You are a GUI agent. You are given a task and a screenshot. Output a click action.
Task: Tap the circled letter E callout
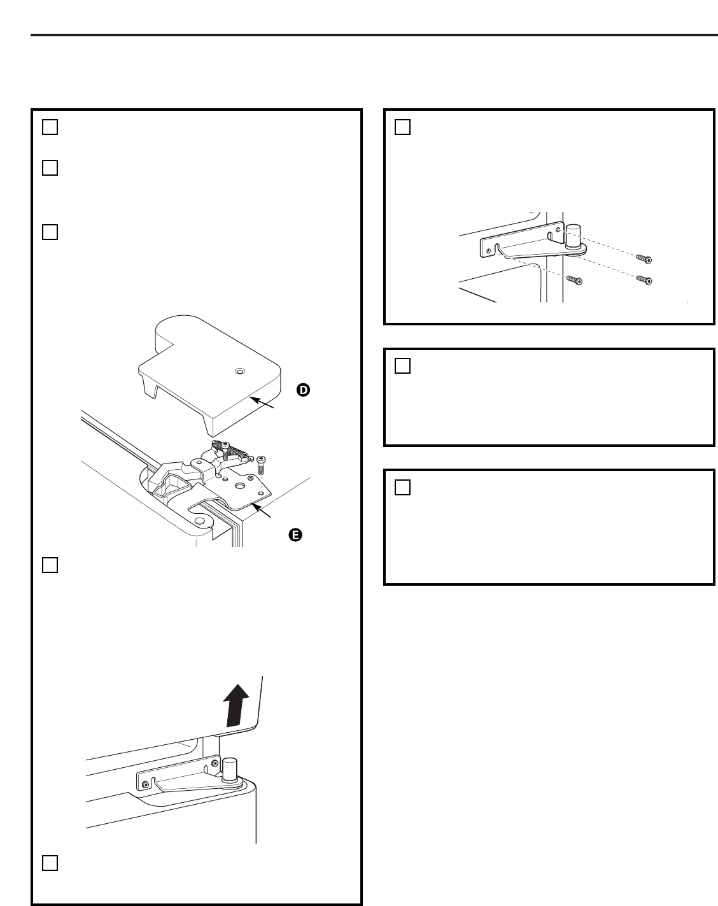[294, 535]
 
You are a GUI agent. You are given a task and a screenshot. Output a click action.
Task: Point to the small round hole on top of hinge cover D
[239, 371]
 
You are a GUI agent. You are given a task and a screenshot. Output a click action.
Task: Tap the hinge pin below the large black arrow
[229, 767]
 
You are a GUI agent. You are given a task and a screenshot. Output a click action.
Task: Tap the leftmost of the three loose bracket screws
[574, 280]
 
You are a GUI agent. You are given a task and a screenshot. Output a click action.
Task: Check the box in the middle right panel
[402, 366]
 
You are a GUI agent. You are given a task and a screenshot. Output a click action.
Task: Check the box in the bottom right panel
[402, 487]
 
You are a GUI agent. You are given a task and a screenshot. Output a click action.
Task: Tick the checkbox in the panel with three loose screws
[402, 127]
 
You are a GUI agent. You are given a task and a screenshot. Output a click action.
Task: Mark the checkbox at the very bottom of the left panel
[50, 863]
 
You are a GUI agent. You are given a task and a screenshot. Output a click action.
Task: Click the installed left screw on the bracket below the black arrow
[146, 784]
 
